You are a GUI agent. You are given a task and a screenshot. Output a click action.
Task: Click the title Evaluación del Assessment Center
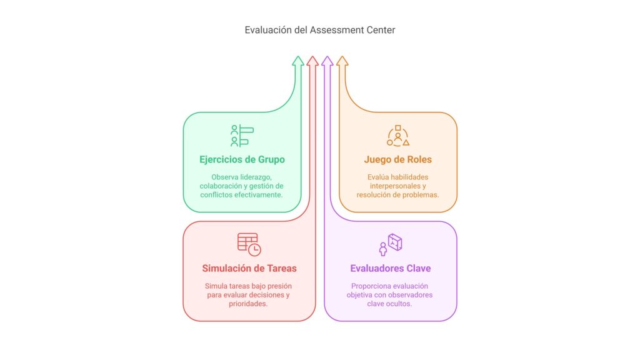[x=319, y=30]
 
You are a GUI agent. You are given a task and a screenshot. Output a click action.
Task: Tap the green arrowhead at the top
[x=298, y=61]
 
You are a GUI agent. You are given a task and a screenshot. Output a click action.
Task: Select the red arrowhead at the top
[x=312, y=61]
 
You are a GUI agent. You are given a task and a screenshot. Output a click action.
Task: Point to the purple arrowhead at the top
[x=327, y=61]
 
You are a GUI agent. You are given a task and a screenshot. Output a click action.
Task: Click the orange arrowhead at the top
[x=342, y=61]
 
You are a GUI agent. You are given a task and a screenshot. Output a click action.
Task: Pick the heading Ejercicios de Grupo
[x=242, y=159]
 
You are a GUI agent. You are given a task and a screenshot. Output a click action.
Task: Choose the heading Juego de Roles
[x=398, y=159]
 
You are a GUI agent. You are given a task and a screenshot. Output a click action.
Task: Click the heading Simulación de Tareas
[x=249, y=268]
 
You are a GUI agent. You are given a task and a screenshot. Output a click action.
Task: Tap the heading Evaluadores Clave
[x=391, y=268]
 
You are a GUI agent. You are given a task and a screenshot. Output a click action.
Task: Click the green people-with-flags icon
[x=242, y=136]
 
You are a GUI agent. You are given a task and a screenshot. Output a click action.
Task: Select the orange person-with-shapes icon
[x=398, y=136]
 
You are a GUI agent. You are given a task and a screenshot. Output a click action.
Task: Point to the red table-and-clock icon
[x=249, y=244]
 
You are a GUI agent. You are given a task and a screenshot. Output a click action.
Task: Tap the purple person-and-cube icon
[x=391, y=244]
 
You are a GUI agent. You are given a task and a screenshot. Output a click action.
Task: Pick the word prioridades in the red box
[x=247, y=304]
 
